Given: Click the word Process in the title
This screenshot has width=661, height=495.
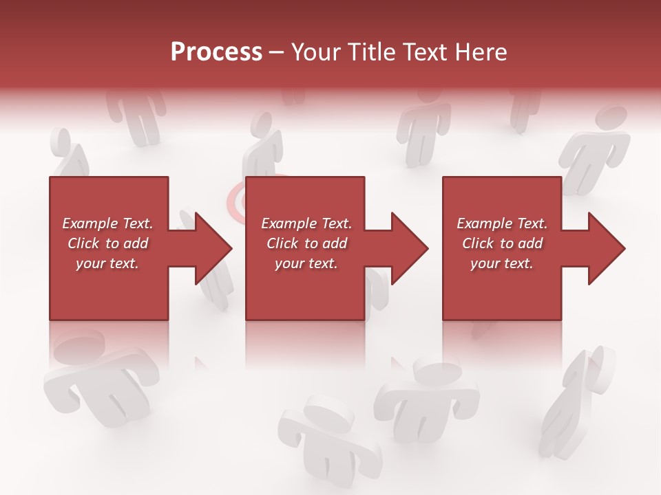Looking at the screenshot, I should coord(216,52).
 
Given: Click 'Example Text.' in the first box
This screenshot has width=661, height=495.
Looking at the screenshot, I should coord(107,223).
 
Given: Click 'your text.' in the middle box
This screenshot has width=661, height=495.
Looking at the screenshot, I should coord(306,263).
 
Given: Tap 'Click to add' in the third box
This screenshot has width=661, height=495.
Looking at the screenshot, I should coord(502,243).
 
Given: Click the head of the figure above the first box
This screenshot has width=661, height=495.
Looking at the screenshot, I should coord(62,140).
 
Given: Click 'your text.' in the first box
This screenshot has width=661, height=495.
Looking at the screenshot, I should coord(107,263).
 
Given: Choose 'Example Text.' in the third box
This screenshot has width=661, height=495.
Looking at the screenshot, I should coord(502,223).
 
